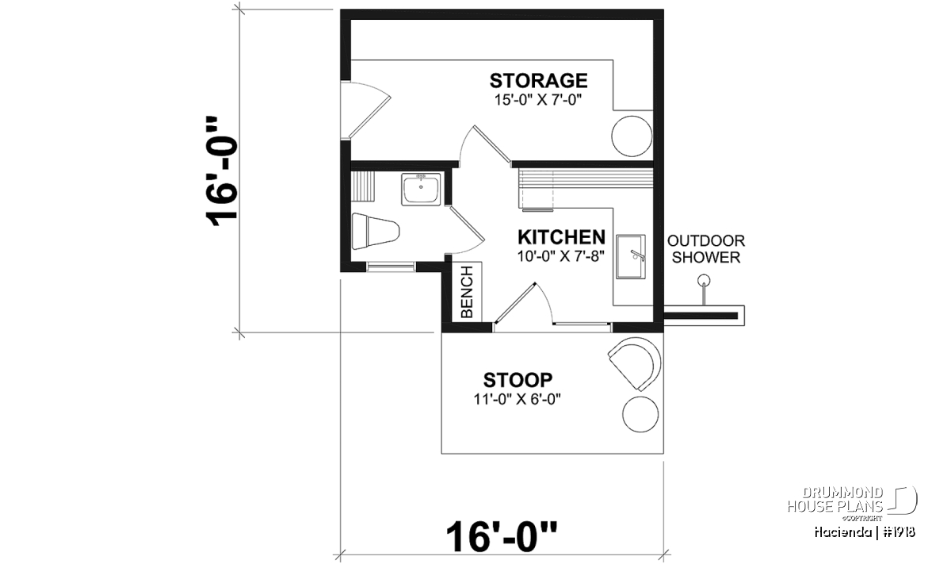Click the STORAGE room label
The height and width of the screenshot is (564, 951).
538,81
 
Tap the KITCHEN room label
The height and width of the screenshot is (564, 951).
561,237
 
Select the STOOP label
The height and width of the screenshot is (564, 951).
518,380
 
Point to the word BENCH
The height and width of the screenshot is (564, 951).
467,292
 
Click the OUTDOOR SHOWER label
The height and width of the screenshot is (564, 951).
706,249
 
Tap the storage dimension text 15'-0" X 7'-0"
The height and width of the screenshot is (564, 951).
537,100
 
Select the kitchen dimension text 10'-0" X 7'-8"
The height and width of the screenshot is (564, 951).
560,256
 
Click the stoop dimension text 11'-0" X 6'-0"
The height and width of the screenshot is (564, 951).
518,400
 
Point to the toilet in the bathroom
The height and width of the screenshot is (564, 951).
376,231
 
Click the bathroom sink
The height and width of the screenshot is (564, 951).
421,190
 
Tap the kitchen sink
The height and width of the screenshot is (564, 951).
631,257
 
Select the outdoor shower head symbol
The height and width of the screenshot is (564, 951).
704,281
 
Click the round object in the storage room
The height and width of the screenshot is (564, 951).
632,136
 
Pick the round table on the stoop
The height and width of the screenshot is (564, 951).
640,414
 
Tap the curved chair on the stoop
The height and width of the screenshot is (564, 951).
636,363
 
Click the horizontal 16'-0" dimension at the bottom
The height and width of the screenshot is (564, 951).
502,536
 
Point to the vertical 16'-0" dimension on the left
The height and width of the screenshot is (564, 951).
221,171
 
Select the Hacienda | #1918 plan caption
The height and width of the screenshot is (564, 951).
865,532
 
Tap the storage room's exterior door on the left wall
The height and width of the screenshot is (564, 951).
365,110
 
